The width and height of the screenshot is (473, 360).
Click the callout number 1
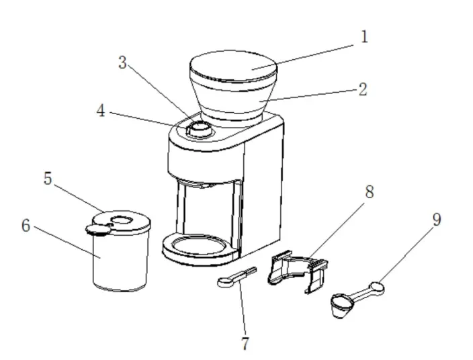click(x=364, y=37)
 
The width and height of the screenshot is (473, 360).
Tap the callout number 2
click(x=363, y=89)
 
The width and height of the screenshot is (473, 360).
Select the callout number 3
click(x=122, y=62)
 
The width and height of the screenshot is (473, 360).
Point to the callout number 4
click(x=101, y=111)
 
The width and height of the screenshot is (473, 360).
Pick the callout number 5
click(x=48, y=178)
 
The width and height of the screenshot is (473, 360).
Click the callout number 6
click(x=26, y=226)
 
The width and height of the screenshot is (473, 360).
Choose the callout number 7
click(x=245, y=343)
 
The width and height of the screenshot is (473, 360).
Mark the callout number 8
click(x=370, y=192)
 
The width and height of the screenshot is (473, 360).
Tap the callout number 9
click(x=437, y=219)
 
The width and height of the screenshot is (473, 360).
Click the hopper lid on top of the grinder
click(x=234, y=66)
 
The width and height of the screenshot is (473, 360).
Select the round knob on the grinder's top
click(x=199, y=129)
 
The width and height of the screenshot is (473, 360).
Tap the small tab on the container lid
click(x=98, y=230)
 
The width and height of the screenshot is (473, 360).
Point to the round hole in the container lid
click(x=121, y=220)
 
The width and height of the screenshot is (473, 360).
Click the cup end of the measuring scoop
click(x=343, y=305)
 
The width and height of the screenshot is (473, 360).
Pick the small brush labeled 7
click(x=237, y=277)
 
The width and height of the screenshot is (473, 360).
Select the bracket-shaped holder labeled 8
click(x=298, y=271)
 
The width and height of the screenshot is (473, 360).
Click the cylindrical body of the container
click(x=121, y=259)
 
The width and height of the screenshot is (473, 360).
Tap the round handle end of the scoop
click(x=377, y=287)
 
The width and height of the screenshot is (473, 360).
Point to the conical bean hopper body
click(x=234, y=99)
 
